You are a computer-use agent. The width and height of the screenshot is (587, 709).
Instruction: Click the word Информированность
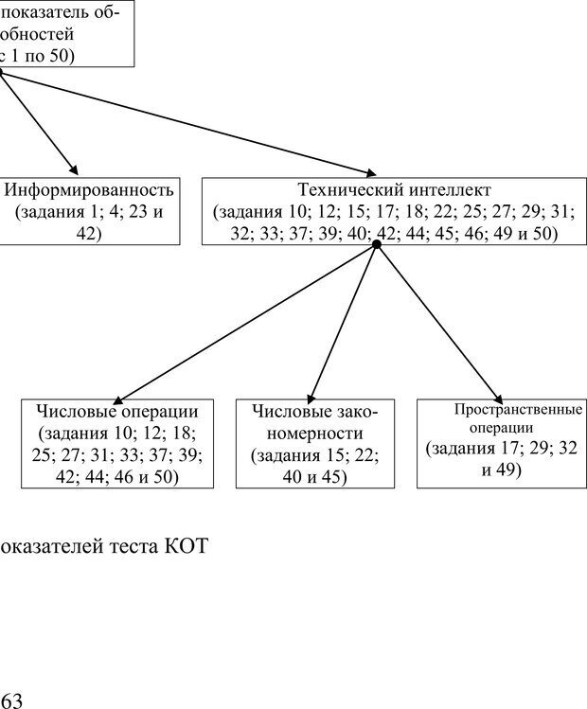(89, 189)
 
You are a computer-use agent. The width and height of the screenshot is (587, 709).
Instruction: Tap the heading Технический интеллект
(394, 189)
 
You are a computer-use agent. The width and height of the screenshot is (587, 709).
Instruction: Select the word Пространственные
(517, 410)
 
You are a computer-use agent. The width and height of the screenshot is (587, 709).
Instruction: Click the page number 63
(11, 700)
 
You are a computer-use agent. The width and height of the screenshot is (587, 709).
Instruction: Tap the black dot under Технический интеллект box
(377, 244)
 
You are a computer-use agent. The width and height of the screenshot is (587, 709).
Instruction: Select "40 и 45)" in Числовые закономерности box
(314, 476)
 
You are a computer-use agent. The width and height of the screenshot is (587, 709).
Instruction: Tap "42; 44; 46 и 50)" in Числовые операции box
(117, 476)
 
